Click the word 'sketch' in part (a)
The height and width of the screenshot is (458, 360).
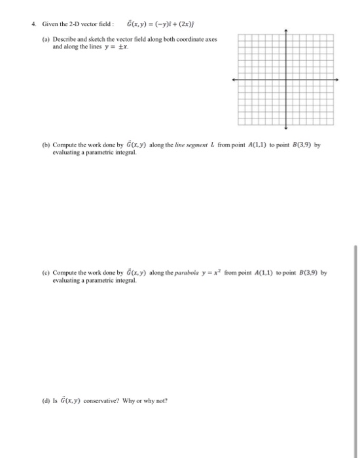point(100,39)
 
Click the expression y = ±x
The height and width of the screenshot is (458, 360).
point(121,47)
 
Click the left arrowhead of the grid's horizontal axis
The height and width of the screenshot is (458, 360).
point(234,79)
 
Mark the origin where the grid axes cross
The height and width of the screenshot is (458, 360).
point(285,79)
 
